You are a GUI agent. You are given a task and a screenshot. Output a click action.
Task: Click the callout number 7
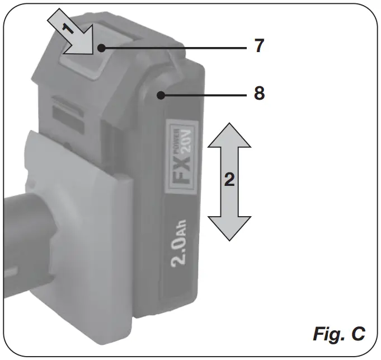[x=258, y=46]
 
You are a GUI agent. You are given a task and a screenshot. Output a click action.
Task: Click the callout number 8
[x=258, y=93]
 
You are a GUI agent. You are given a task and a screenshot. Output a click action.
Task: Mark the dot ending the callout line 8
[x=162, y=95]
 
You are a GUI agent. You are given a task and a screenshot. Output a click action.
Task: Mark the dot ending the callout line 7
[x=101, y=48]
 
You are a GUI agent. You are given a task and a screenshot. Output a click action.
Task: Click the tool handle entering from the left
[x=22, y=235]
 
